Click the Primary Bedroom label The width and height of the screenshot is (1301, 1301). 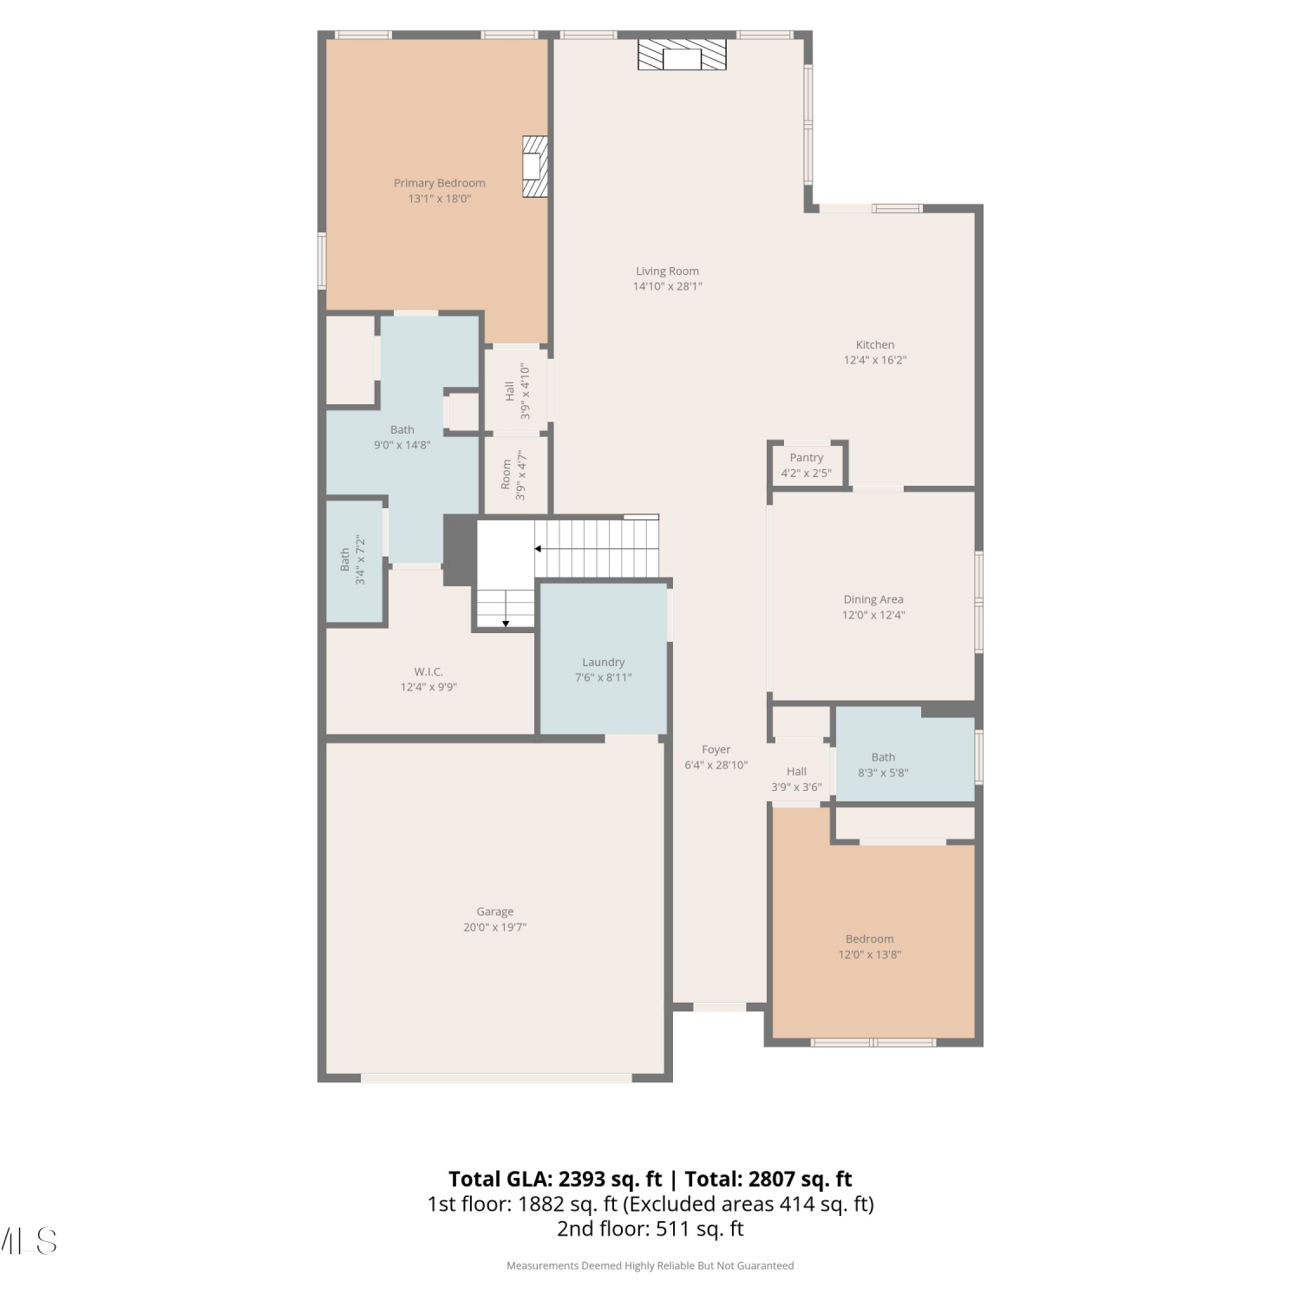coord(439,183)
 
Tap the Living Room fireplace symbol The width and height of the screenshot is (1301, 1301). coord(682,54)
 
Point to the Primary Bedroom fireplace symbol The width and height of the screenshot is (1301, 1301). coord(535,166)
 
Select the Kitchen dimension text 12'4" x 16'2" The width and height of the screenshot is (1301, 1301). coord(875,360)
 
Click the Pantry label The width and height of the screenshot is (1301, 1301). coord(807,457)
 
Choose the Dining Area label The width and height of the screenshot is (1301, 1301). coord(873,599)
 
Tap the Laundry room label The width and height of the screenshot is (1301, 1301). coord(604,662)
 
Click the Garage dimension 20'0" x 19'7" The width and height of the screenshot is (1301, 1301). coord(495,927)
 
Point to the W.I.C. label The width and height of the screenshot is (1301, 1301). coord(428,671)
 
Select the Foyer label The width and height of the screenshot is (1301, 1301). coord(716,749)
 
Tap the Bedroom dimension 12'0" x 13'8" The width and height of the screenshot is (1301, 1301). coord(870,955)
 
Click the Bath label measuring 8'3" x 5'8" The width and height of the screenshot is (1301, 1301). coord(883,757)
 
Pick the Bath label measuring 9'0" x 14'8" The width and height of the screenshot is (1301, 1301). coord(402,429)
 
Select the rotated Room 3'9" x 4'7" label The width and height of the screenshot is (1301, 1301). coord(513,475)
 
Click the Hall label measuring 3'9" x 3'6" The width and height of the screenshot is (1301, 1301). coord(796,771)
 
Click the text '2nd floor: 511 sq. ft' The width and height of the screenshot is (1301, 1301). coord(650,1228)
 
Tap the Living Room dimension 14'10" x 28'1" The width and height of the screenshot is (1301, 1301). coord(668,286)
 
